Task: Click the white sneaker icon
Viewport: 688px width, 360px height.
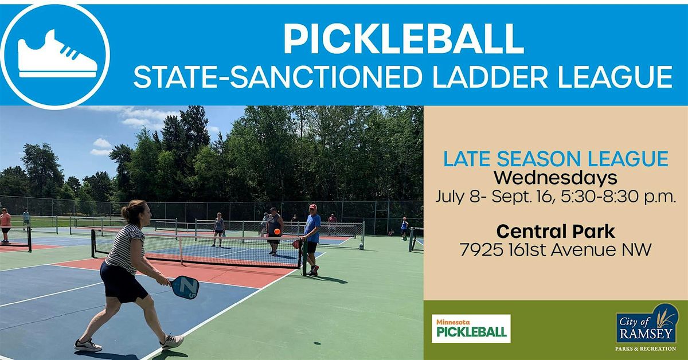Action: (x=57, y=54)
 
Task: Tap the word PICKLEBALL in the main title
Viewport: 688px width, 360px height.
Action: (x=403, y=40)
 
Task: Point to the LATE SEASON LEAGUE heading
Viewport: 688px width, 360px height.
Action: (x=556, y=159)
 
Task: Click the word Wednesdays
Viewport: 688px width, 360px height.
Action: (x=556, y=178)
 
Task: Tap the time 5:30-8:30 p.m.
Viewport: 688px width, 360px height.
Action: (x=618, y=197)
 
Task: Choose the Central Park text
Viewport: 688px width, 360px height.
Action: (x=556, y=232)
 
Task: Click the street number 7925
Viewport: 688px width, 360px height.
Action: (x=481, y=250)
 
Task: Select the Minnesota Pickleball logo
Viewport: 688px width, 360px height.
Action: (x=471, y=328)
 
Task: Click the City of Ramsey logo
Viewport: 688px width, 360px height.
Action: (x=646, y=324)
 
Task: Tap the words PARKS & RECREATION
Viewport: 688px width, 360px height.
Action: (x=646, y=349)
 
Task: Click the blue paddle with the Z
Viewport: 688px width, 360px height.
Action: (x=185, y=288)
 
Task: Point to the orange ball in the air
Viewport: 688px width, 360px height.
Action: (x=277, y=231)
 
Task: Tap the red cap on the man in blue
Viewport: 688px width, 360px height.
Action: (x=313, y=206)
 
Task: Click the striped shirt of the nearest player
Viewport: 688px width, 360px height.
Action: (x=125, y=248)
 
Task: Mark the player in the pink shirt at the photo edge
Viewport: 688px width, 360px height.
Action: (x=5, y=225)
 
